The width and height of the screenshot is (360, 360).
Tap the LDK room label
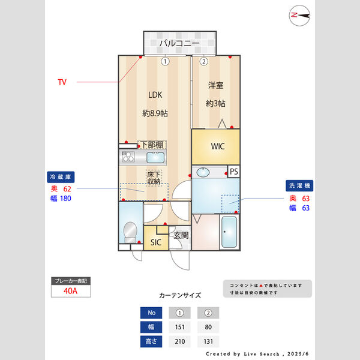coord(155,94)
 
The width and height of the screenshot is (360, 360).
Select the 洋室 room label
coord(215,86)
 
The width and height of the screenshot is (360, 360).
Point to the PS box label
coord(233,172)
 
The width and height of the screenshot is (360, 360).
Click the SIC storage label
coord(155,242)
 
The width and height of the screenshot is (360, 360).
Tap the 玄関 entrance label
coord(181,236)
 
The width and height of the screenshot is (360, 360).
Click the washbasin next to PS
coord(203,172)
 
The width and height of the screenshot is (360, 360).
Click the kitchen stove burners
coord(127,158)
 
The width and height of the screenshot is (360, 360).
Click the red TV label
coord(62,82)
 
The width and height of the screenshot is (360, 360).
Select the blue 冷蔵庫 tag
coord(61,177)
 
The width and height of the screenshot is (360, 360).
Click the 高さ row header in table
coord(151,341)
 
